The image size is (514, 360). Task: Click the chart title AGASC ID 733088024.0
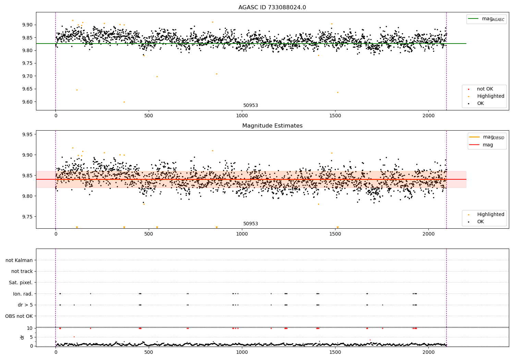click(x=272, y=8)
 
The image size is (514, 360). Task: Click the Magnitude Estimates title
click(x=272, y=126)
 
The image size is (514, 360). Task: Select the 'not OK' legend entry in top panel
click(x=485, y=89)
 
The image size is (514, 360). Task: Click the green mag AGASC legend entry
click(x=486, y=19)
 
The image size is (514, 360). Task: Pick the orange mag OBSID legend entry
click(x=487, y=137)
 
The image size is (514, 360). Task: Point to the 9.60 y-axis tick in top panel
click(x=27, y=102)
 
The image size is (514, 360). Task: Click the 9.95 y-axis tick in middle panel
click(x=27, y=134)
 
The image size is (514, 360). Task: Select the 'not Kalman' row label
click(x=19, y=260)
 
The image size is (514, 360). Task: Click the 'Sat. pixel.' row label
click(x=21, y=283)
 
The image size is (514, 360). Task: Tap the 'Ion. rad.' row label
click(x=23, y=294)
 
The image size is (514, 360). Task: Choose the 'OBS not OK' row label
click(x=19, y=316)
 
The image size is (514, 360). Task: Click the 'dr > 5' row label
click(x=25, y=305)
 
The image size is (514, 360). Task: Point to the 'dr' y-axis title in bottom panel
click(x=22, y=337)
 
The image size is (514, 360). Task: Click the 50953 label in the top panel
click(x=250, y=106)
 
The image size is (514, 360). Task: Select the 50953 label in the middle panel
click(x=250, y=224)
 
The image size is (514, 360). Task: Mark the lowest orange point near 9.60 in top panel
click(x=124, y=102)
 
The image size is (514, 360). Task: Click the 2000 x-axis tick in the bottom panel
click(x=428, y=352)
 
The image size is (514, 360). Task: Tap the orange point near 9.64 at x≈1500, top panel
click(x=338, y=92)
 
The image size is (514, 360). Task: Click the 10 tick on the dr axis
click(x=29, y=328)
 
